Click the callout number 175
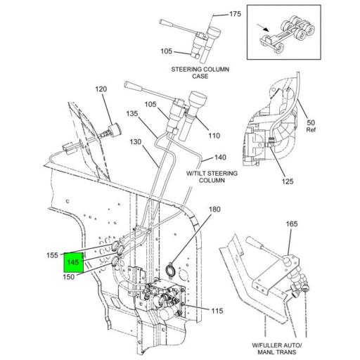coord(235,14)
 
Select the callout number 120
coord(101,89)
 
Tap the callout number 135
coord(132,114)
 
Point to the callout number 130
coord(136,142)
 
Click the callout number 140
coord(220,157)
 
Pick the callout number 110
coord(214,136)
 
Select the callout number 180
coord(214,209)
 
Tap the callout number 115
coord(217,311)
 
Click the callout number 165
coord(292,224)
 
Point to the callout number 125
coord(288,181)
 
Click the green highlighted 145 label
coord(73,262)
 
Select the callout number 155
coord(52,255)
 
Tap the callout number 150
coord(69,277)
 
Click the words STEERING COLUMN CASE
coord(200,72)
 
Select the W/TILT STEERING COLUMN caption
coord(212,176)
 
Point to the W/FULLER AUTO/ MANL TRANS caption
coord(277,349)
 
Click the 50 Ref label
coord(311,126)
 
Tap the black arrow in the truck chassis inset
coord(263,27)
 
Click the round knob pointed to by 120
coord(115,129)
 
